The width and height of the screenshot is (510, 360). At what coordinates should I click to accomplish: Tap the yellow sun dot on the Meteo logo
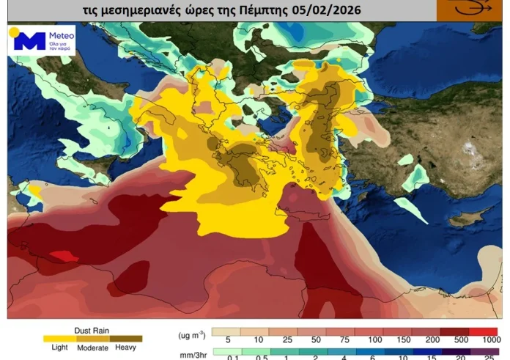[14, 32]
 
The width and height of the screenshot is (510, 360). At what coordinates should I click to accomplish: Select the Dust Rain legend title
[92, 330]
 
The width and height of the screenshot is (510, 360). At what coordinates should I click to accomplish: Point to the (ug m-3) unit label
[191, 334]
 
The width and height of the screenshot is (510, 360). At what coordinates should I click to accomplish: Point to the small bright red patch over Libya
[64, 256]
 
